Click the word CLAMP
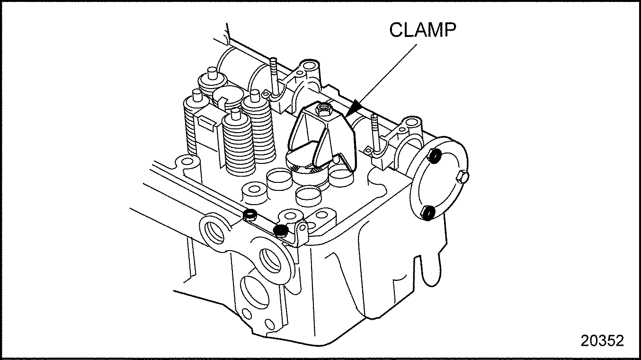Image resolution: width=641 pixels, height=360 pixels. (x=422, y=30)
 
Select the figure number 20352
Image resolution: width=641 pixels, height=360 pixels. (x=602, y=341)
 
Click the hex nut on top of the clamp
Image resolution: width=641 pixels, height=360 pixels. (x=323, y=109)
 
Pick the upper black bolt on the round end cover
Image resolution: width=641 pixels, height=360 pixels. (x=435, y=156)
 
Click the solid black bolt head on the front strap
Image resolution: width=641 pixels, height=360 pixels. (x=281, y=230)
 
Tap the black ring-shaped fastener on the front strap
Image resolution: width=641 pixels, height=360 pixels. (x=250, y=214)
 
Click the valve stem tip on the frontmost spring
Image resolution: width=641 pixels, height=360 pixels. (x=235, y=114)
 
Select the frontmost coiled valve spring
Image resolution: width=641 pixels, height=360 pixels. (x=239, y=145)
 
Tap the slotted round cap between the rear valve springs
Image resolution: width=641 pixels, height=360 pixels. (x=228, y=97)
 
